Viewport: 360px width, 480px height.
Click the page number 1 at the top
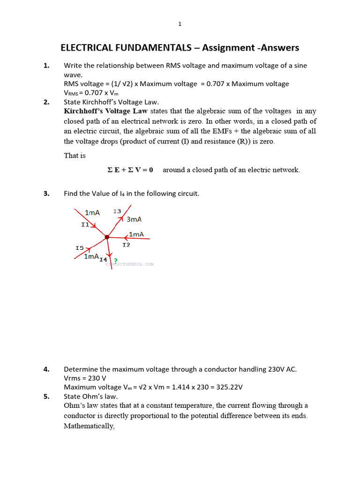click(180, 24)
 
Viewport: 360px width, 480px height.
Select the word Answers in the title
click(280, 48)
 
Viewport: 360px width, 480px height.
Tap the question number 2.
click(46, 102)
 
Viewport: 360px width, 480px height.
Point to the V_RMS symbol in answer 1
click(72, 93)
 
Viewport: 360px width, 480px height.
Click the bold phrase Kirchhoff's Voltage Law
click(106, 111)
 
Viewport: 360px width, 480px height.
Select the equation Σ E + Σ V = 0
click(130, 170)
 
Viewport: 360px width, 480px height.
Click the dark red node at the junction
click(107, 237)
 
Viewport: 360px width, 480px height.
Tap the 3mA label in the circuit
click(134, 219)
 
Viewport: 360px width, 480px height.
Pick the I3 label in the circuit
click(117, 211)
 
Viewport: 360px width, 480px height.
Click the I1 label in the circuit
click(85, 225)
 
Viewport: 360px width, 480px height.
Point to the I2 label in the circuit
click(126, 245)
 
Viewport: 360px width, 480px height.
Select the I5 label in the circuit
click(79, 247)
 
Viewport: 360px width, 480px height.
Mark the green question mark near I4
click(115, 261)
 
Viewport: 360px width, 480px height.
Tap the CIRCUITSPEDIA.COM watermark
click(129, 264)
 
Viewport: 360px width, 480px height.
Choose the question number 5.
click(46, 396)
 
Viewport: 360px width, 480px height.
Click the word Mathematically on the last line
click(89, 427)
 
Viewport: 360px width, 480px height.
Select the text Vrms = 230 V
click(85, 378)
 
